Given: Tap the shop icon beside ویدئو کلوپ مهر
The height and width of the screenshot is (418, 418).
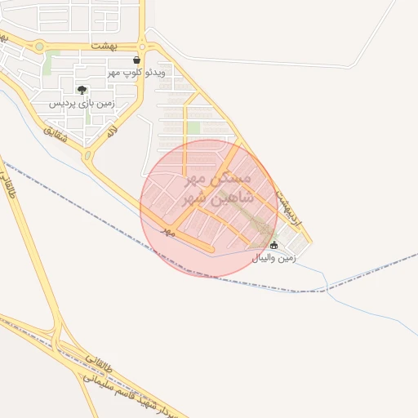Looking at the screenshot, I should point(136,60).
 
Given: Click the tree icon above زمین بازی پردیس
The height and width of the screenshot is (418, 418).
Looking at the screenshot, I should point(81,90).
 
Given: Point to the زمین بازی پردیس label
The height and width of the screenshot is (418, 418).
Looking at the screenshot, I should point(82,104).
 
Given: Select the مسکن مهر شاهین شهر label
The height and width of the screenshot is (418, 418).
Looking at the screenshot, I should point(220,188).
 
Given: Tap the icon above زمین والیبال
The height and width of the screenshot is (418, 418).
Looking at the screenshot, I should point(273,245).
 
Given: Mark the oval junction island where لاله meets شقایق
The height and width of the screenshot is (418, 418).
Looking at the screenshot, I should point(88,155).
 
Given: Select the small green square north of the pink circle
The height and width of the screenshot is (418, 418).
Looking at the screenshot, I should point(193,127).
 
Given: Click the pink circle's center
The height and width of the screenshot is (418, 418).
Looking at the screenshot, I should point(208,207).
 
